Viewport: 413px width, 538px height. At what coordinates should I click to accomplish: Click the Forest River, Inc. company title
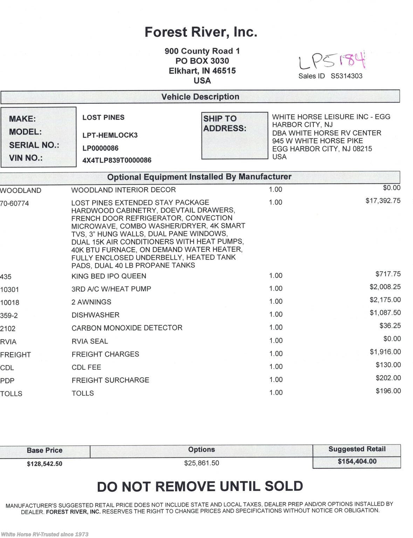pos(201,32)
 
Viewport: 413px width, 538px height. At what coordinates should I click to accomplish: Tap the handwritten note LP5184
pos(331,61)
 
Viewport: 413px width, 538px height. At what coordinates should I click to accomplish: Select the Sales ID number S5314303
pos(346,76)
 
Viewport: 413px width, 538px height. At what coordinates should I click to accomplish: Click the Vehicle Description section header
pos(200,97)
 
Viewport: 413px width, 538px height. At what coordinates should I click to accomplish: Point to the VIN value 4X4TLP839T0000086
pos(117,160)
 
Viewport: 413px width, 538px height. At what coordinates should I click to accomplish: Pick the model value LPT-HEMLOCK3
pos(110,135)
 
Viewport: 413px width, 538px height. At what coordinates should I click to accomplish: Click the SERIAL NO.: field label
pos(34,145)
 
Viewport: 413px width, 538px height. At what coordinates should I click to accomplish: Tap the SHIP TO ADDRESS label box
pos(234,136)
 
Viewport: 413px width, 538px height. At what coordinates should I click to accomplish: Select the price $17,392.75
pos(383,201)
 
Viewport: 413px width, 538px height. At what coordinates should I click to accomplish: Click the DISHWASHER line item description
pos(95,315)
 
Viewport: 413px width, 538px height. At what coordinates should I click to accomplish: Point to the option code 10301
pos(10,290)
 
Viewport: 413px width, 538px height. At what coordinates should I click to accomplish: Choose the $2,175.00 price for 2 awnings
pos(385,300)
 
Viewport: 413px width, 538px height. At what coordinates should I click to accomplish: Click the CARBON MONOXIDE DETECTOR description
pos(127,328)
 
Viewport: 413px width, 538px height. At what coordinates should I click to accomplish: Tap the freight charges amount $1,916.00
pos(385,352)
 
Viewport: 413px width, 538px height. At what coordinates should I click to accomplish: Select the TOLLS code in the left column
pos(11,394)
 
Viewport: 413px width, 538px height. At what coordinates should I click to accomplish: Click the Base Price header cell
pos(44,450)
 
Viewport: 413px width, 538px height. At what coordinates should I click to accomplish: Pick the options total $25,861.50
pos(201,463)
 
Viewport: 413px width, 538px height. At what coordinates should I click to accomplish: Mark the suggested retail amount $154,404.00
pos(357,462)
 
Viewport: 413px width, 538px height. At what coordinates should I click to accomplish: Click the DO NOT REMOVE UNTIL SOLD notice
pos(200,487)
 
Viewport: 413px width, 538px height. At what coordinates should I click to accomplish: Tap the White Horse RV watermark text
pos(45,534)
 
